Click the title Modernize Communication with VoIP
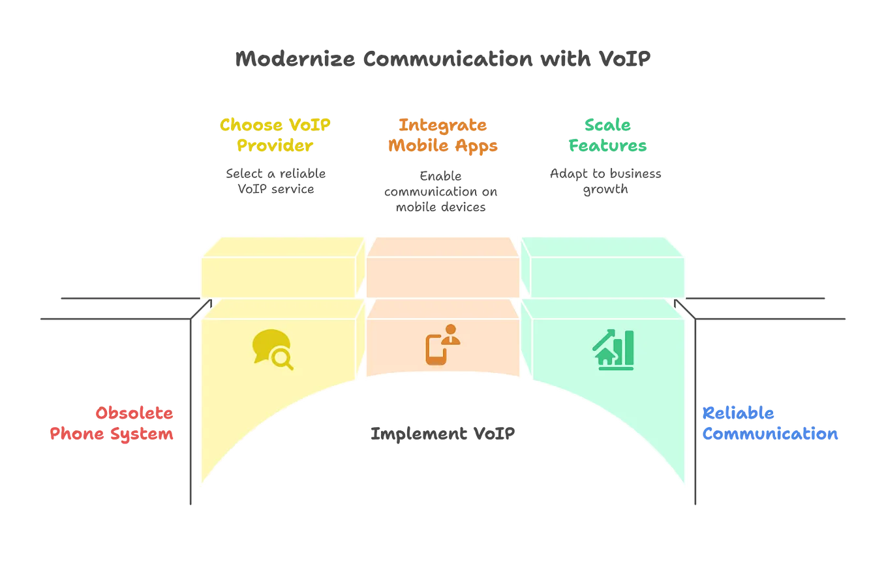(443, 59)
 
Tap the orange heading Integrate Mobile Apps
(443, 135)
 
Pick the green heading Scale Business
(607, 135)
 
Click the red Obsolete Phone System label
(112, 424)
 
